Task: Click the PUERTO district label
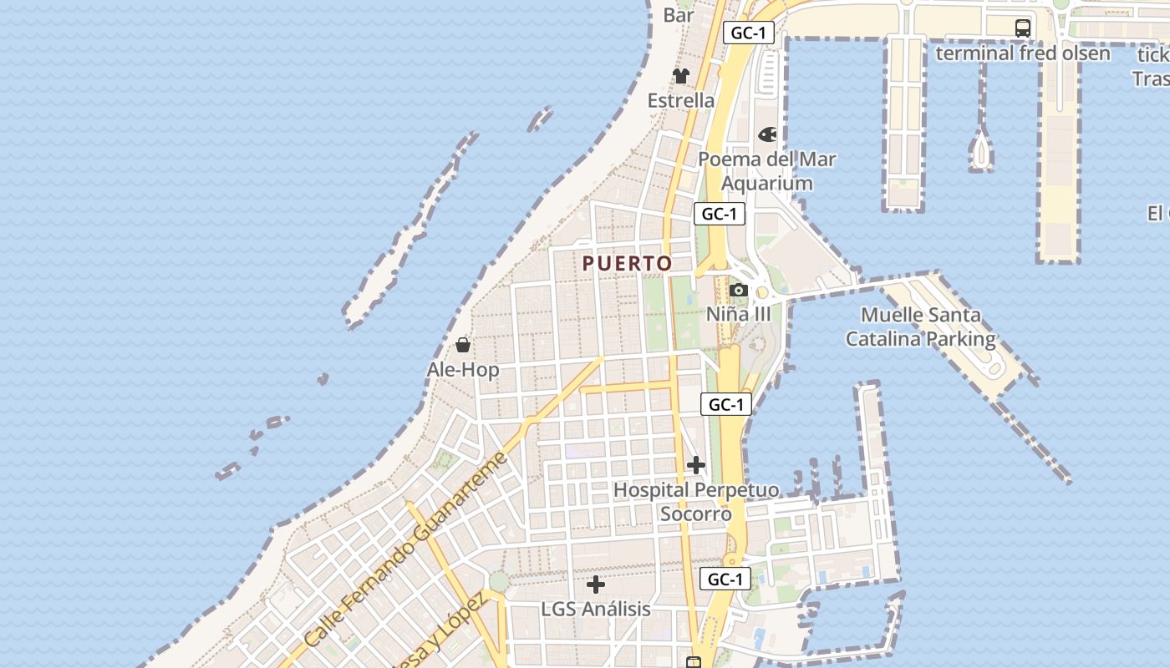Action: click(x=627, y=263)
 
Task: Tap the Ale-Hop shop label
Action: click(x=463, y=370)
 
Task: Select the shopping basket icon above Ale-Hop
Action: click(x=463, y=344)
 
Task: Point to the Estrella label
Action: click(x=681, y=100)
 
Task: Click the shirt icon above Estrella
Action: click(x=681, y=75)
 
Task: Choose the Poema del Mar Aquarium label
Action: click(x=766, y=171)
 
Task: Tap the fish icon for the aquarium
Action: click(x=767, y=134)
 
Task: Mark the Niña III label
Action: click(x=738, y=315)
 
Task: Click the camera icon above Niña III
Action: click(x=738, y=291)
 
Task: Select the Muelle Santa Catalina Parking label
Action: click(x=920, y=327)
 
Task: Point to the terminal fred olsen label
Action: click(x=1022, y=53)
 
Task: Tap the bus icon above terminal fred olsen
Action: click(x=1023, y=28)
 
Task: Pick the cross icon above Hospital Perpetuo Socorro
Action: click(x=695, y=465)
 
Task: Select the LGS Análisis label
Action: click(x=596, y=610)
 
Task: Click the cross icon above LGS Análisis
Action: click(x=596, y=584)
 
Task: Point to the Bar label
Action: click(x=679, y=15)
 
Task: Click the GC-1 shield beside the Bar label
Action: click(x=749, y=33)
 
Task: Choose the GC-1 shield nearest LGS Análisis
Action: click(x=725, y=579)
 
